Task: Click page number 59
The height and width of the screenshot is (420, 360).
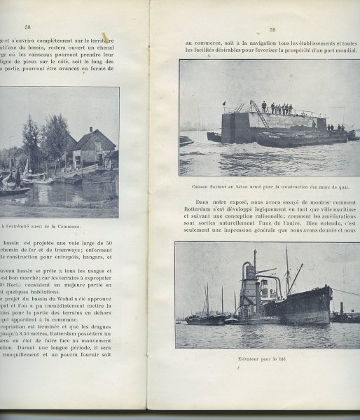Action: pos(272,29)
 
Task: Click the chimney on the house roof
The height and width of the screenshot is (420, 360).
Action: pos(90,130)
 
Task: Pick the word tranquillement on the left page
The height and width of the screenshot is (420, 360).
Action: pos(32,353)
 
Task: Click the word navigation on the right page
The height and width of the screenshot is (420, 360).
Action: pos(253,43)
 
